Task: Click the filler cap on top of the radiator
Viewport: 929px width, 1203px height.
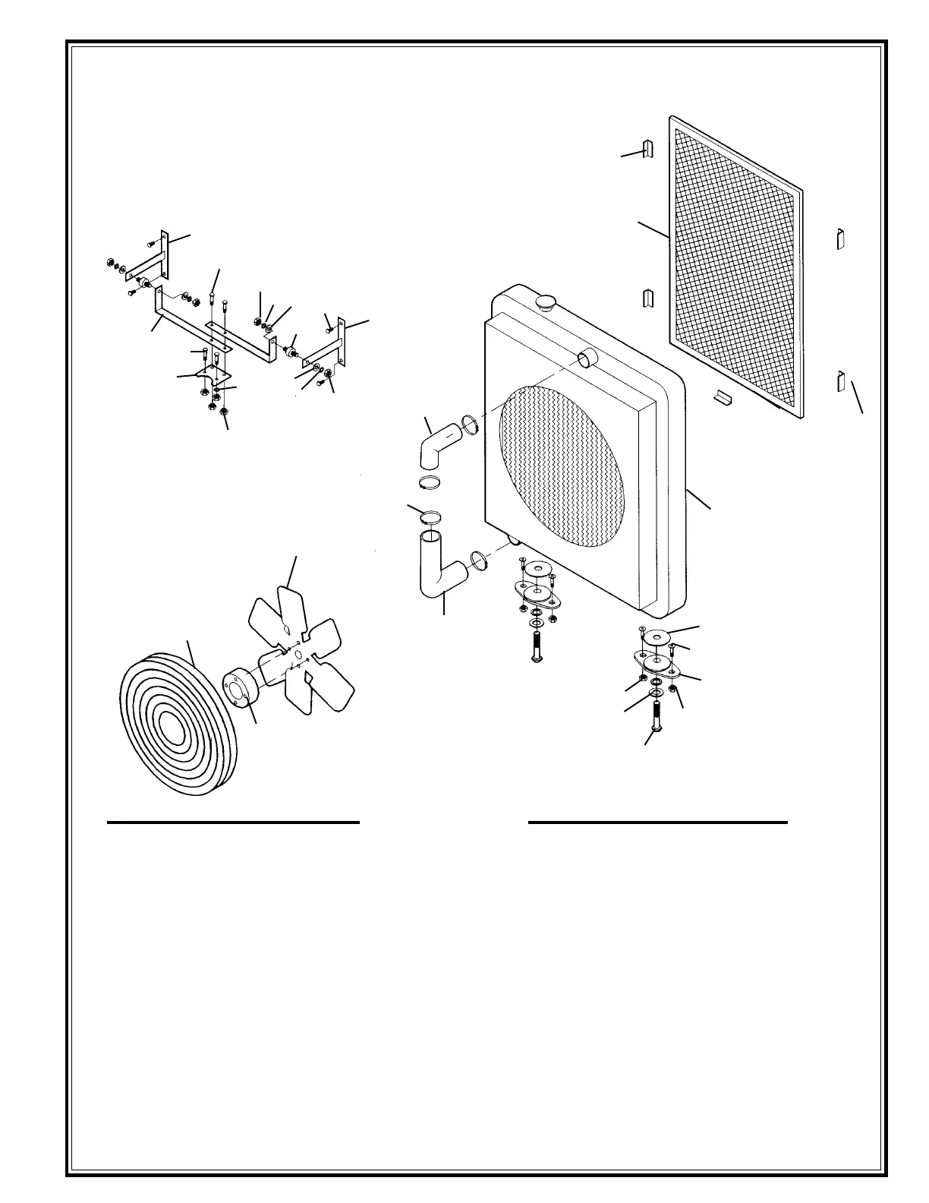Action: tap(546, 302)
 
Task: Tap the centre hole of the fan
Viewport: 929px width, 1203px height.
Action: tap(298, 655)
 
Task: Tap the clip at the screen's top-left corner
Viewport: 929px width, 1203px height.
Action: tap(647, 150)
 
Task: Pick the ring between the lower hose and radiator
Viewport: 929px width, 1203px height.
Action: tap(479, 560)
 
